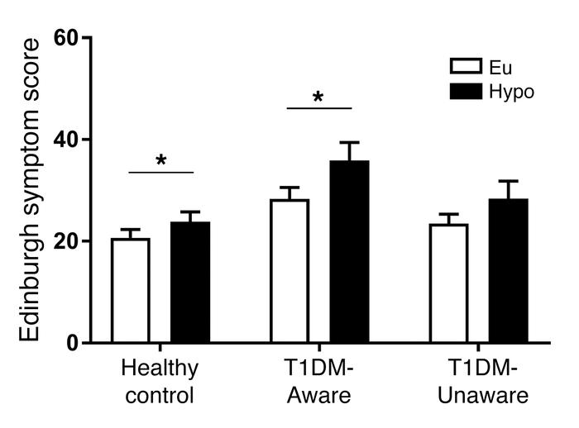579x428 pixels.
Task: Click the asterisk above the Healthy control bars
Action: [x=161, y=159]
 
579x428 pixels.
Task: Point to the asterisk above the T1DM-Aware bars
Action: [x=319, y=97]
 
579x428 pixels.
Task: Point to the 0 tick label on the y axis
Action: [x=73, y=343]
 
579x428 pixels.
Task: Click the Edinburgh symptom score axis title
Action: [x=30, y=190]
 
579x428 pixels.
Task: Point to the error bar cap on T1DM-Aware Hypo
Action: [x=349, y=142]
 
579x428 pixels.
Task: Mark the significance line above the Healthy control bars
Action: [x=161, y=172]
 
